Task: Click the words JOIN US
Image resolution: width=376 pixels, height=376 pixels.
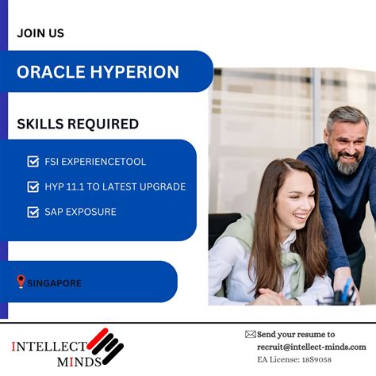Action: coord(40,33)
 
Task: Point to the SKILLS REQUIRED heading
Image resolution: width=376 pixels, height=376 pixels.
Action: coord(78,125)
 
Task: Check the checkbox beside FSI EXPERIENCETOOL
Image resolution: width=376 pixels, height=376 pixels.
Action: coord(33,162)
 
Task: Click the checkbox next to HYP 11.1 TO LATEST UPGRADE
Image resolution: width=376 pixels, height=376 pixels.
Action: coord(33,187)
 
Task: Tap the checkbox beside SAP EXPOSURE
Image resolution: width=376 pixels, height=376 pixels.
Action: coord(33,212)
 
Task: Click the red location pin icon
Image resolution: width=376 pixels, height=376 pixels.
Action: coord(21,282)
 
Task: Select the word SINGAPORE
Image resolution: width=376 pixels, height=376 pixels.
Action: coord(55,282)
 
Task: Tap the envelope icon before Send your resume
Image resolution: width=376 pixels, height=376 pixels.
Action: coord(250,335)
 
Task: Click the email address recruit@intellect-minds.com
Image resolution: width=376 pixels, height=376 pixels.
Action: coord(311,347)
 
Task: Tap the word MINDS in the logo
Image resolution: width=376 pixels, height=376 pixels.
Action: coord(78,362)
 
